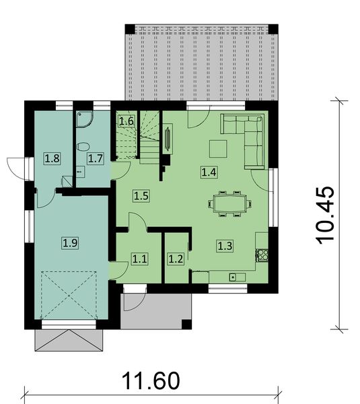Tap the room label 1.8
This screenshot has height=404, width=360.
tap(52, 159)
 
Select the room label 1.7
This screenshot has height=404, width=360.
tap(95, 159)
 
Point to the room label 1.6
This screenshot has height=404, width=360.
tap(127, 121)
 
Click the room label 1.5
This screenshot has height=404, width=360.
tap(141, 196)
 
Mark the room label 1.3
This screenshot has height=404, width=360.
tap(224, 246)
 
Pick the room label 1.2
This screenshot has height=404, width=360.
tap(176, 257)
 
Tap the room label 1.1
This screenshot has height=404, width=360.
tap(139, 257)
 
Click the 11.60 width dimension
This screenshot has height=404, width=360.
tap(151, 381)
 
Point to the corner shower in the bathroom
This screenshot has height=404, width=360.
tap(85, 119)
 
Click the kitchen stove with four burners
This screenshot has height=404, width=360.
tap(262, 255)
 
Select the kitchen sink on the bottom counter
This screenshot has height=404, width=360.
tap(233, 277)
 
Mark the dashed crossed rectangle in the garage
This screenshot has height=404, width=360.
tap(69, 296)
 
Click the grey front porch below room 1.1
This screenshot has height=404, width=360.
tap(153, 310)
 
